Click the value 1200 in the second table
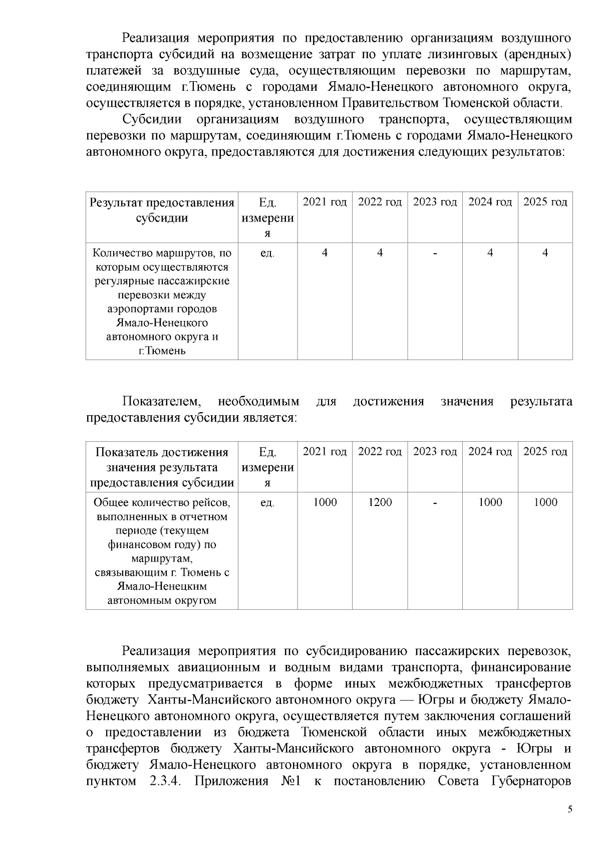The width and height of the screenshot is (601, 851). pos(380,502)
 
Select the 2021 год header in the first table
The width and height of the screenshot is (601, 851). pos(325,202)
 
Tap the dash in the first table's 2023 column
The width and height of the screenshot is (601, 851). pos(435,253)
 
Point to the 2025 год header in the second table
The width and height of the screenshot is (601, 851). pos(545,452)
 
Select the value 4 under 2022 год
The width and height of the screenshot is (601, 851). pos(380,253)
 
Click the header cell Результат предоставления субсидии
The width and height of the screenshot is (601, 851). pos(162,210)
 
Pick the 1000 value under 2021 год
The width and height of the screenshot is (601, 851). pos(325,502)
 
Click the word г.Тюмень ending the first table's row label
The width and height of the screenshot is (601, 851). pos(162,351)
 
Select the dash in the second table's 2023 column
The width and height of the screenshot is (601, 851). pos(435,502)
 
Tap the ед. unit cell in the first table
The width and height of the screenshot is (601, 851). pos(267,253)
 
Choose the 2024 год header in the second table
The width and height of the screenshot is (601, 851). pos(490,452)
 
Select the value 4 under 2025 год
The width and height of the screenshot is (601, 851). pos(545,253)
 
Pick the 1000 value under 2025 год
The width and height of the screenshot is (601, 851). pos(545,502)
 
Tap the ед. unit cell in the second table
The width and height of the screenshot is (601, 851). pos(267,502)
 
